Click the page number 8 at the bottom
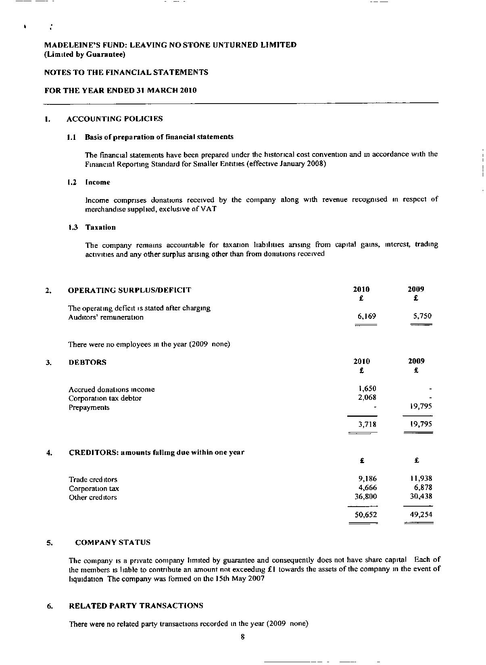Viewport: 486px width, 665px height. coord(242,637)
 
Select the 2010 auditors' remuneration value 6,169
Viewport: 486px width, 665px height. coord(367,316)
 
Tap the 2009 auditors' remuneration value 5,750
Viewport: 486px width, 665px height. coord(422,316)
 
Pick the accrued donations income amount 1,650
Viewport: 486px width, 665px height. coord(367,389)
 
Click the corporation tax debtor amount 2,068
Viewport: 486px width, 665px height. coord(367,398)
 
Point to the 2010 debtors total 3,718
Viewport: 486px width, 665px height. coord(367,424)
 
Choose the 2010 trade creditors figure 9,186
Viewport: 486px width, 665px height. coord(367,479)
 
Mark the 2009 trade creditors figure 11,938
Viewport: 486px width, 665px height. coord(421,479)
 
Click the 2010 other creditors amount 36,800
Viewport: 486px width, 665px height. coord(365,497)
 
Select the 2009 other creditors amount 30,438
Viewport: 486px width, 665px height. coord(421,497)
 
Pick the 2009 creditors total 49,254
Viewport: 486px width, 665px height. coord(421,515)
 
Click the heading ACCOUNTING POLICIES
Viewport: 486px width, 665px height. coord(115,119)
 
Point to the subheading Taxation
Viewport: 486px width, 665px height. coord(100,227)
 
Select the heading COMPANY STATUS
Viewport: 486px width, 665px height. coord(113,542)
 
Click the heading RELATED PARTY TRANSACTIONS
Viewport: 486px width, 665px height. coord(136,606)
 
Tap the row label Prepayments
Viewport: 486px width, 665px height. coord(89,407)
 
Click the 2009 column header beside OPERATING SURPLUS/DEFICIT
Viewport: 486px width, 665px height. coord(416,289)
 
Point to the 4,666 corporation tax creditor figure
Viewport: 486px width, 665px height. coord(367,488)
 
